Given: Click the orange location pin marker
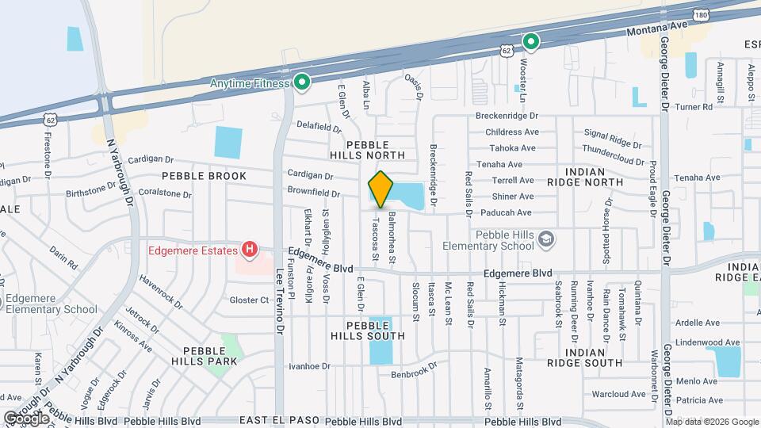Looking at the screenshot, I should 380,189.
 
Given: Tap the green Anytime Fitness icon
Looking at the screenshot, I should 301,82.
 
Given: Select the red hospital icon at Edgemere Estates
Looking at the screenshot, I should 250,251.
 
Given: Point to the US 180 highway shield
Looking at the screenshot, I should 699,16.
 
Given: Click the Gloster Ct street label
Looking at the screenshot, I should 250,300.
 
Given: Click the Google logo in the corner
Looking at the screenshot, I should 26,418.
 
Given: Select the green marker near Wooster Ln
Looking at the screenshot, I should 530,41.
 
